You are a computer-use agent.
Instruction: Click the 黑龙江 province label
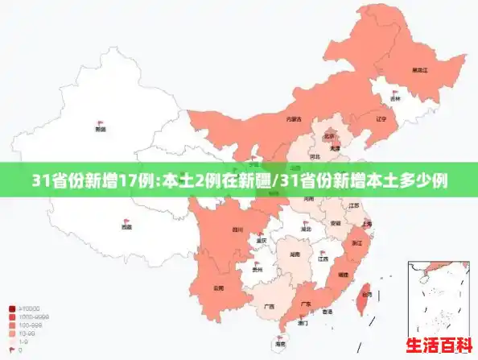[x=419, y=70]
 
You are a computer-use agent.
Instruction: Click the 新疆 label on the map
[x=101, y=129]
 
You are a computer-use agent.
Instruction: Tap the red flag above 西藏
[x=126, y=221]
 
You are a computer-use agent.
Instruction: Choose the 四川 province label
[x=237, y=230]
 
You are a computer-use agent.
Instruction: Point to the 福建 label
[x=343, y=275]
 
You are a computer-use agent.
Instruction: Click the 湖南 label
[x=295, y=254]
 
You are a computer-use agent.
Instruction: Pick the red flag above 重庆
[x=262, y=234]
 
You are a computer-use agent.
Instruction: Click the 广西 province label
[x=269, y=307]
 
